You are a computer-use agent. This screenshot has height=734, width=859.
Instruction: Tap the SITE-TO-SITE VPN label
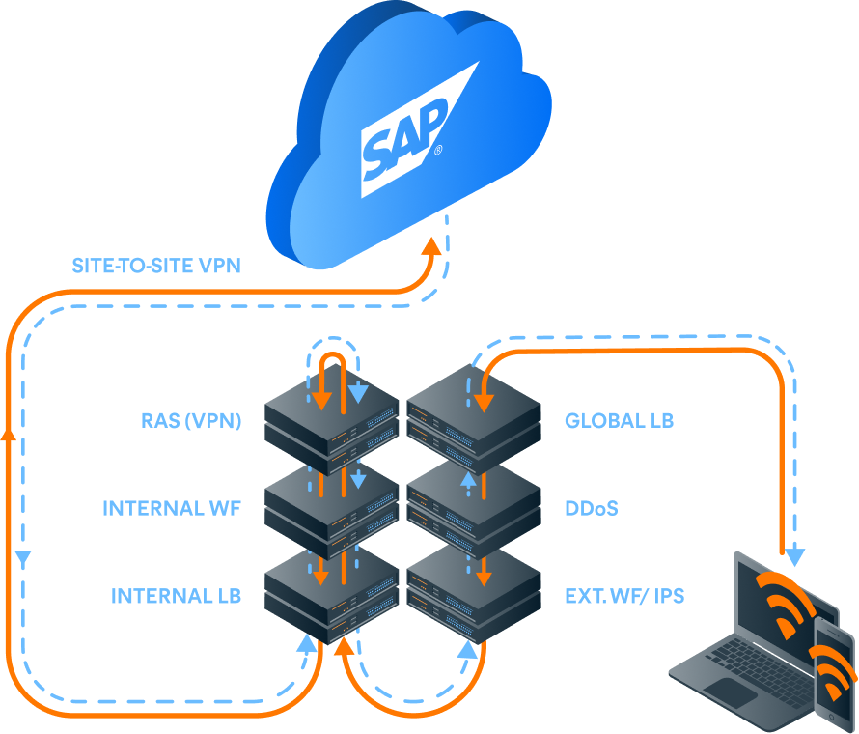[156, 266]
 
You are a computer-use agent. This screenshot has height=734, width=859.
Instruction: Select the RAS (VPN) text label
[190, 420]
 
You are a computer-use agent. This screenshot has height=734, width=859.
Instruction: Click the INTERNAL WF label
[172, 508]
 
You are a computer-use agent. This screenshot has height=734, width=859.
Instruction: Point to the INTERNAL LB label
[176, 595]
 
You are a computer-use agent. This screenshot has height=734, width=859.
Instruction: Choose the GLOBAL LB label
[619, 420]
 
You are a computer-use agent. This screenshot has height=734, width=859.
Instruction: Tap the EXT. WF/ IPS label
[624, 595]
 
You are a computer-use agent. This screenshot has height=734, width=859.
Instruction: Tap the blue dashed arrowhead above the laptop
[794, 556]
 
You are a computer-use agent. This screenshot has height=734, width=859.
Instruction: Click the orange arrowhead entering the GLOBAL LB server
[484, 400]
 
